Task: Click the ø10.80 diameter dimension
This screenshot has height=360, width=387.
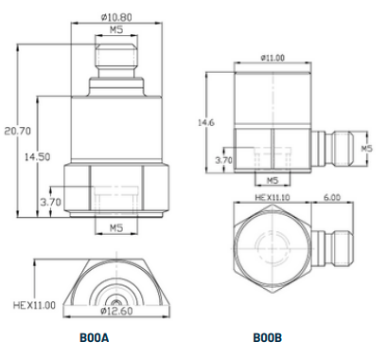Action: pos(116,17)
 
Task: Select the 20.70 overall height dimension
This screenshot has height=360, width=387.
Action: pos(18,131)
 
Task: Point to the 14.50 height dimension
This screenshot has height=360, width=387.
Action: pos(38,157)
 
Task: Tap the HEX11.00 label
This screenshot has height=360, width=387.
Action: pos(34,305)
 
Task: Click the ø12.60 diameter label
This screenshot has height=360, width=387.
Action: pos(116,311)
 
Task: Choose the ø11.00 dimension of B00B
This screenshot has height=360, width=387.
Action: pos(273,58)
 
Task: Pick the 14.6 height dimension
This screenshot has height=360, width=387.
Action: pos(206,122)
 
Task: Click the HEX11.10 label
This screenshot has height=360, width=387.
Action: pos(273,198)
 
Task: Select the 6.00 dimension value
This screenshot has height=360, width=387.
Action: pos(332,198)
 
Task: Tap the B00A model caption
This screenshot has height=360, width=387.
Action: pos(94,338)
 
